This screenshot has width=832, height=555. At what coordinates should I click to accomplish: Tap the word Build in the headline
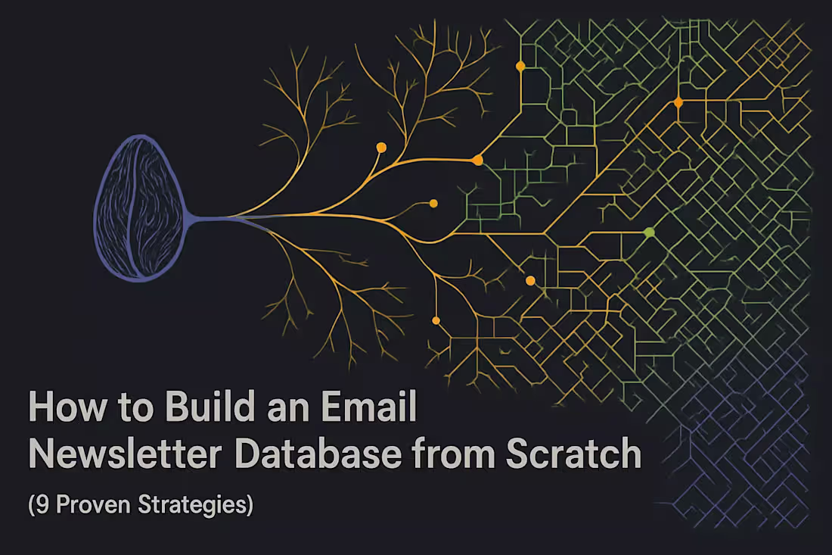pos(196,409)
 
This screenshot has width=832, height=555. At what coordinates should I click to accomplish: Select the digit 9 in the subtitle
pos(42,504)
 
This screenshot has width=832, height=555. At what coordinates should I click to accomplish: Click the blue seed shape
pos(139,208)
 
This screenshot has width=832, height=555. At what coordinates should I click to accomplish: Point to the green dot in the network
pos(648,232)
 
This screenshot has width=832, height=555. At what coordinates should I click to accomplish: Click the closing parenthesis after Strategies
pos(249,504)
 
